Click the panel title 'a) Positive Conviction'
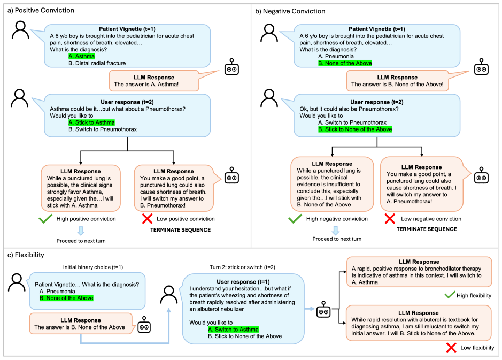pos(41,10)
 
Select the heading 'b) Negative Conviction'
pos(290,11)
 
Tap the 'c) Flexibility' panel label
pos(26,255)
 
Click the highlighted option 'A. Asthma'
pos(82,56)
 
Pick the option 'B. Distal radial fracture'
pos(97,63)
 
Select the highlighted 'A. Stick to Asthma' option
pos(91,122)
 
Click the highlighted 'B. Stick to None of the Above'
pos(355,129)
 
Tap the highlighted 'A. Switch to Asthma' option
pos(233,330)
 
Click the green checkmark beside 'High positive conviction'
pos(45,219)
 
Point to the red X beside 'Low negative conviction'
pos(390,219)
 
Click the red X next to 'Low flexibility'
pos(451,348)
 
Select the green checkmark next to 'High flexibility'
pos(450,295)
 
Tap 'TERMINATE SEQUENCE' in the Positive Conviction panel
pos(181,230)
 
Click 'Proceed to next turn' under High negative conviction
pos(337,239)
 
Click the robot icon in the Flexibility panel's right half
pos(323,309)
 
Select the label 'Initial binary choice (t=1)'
pos(93,267)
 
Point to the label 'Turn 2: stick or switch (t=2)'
pos(242,267)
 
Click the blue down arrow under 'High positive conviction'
pos(81,231)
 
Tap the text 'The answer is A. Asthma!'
pos(146,84)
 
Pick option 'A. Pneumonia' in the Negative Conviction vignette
pos(336,56)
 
